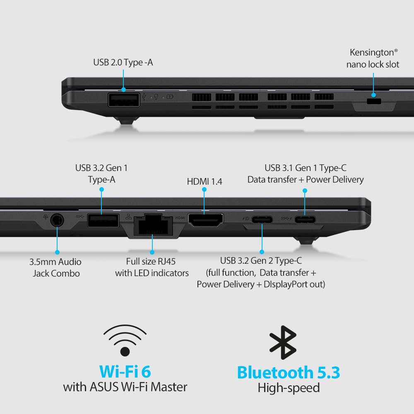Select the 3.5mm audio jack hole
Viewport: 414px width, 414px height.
(x=57, y=220)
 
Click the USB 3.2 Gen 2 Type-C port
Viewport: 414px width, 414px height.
(x=261, y=219)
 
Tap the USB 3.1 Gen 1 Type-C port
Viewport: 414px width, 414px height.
(x=305, y=219)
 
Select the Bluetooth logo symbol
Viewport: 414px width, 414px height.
(x=283, y=342)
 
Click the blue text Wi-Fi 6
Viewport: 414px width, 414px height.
(x=125, y=371)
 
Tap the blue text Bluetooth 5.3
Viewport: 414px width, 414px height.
(x=289, y=372)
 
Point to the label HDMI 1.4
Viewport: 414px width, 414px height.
(x=205, y=181)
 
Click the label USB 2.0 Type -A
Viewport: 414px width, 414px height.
(x=123, y=63)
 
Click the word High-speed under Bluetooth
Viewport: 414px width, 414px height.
(x=289, y=388)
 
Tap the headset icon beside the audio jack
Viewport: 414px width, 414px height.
(x=45, y=216)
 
